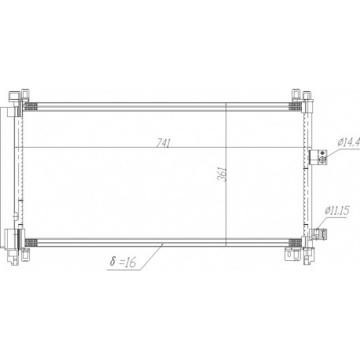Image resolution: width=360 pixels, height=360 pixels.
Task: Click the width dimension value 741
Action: (163, 143)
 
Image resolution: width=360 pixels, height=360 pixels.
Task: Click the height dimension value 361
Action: (222, 174)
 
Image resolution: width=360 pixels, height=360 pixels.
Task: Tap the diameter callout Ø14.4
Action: (349, 142)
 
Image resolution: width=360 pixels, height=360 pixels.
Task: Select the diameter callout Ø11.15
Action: (337, 211)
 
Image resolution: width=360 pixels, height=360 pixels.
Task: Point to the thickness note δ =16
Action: (123, 261)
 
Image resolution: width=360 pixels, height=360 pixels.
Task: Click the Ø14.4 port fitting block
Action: (318, 157)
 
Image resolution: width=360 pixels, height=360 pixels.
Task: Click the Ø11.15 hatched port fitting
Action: (318, 234)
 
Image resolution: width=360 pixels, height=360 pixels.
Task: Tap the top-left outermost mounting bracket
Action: (14, 97)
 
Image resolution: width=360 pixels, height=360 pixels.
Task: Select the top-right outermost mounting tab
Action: (307, 96)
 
